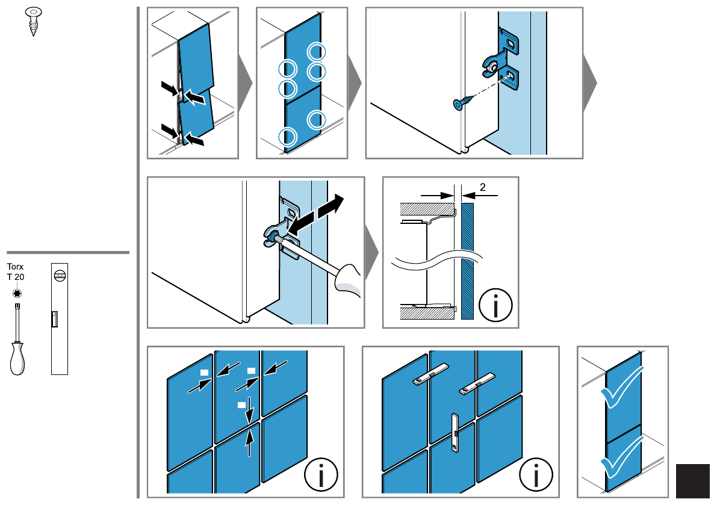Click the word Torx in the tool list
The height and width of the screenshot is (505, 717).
(14, 266)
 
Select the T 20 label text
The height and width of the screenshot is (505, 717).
(16, 276)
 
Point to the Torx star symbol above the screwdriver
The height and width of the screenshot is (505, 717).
(16, 293)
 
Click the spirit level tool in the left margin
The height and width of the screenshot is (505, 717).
(60, 318)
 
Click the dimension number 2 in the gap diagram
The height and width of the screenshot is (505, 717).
(483, 188)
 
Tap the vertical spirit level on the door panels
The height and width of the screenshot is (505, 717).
(455, 432)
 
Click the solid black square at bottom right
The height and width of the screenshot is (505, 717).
(693, 480)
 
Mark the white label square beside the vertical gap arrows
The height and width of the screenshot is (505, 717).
(241, 403)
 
